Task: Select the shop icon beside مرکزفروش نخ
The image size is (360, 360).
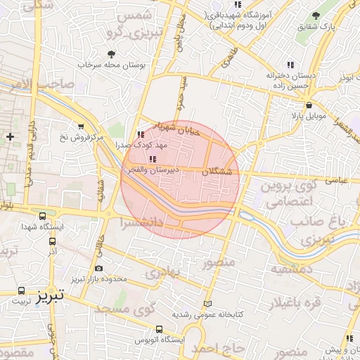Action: tap(82, 127)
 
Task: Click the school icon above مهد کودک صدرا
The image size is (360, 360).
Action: tap(141, 134)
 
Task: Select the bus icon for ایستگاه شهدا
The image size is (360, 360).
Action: tap(44, 217)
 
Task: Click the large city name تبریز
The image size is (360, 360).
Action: tap(51, 293)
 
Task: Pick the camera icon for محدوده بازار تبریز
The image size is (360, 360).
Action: tap(98, 269)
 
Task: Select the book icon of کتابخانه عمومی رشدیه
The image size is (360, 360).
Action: tap(206, 304)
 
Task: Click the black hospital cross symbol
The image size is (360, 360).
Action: tap(9, 136)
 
